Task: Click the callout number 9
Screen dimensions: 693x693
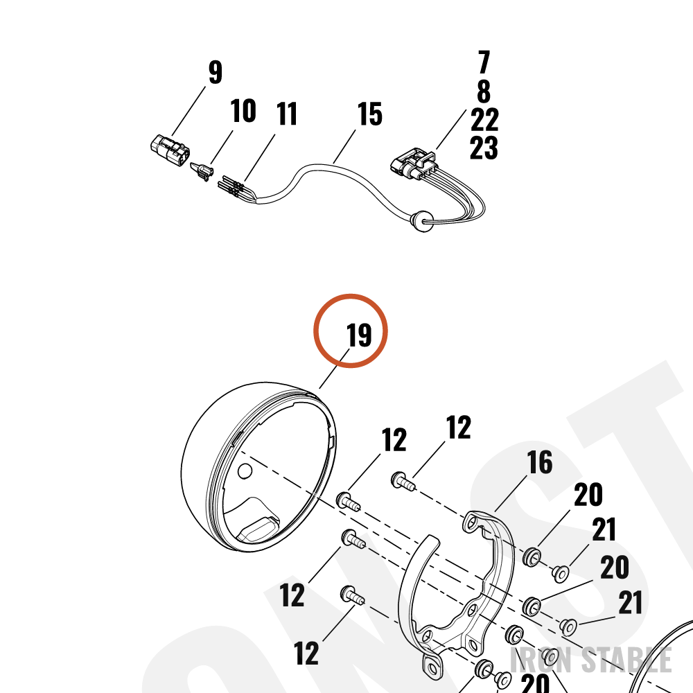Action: tap(216, 72)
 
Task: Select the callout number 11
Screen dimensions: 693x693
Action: tap(287, 114)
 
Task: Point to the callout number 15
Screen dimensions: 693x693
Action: tap(369, 114)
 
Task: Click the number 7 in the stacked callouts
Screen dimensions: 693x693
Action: tap(484, 62)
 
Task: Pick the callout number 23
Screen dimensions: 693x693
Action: tap(484, 148)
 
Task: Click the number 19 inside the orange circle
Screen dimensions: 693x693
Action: tap(359, 335)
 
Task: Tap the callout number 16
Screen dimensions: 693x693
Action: tap(540, 462)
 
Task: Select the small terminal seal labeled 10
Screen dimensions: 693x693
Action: tap(201, 171)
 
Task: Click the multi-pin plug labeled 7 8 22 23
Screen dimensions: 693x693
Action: tap(413, 164)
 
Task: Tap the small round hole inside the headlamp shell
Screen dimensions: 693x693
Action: tap(245, 471)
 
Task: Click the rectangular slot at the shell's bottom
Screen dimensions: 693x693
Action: tap(258, 528)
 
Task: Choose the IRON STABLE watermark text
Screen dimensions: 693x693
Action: tap(591, 660)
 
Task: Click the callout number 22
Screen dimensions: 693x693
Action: tap(484, 120)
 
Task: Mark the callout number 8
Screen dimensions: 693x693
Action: tap(484, 91)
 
